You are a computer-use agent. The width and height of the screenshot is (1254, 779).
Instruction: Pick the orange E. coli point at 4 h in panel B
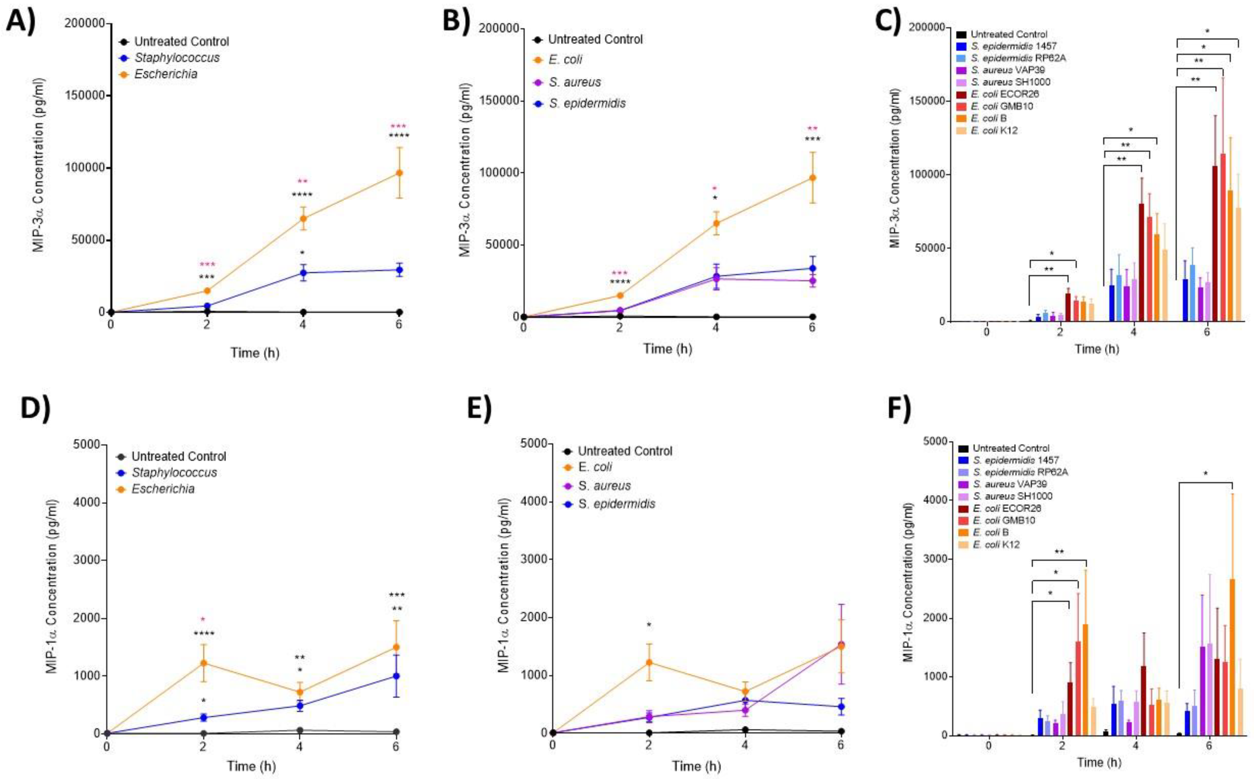pyautogui.click(x=715, y=223)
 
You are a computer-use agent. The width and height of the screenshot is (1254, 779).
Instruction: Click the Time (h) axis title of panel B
pyautogui.click(x=667, y=349)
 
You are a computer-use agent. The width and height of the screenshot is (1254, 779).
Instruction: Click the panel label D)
pyautogui.click(x=35, y=424)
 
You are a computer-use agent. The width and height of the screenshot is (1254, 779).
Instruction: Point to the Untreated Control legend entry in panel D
pyautogui.click(x=178, y=456)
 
